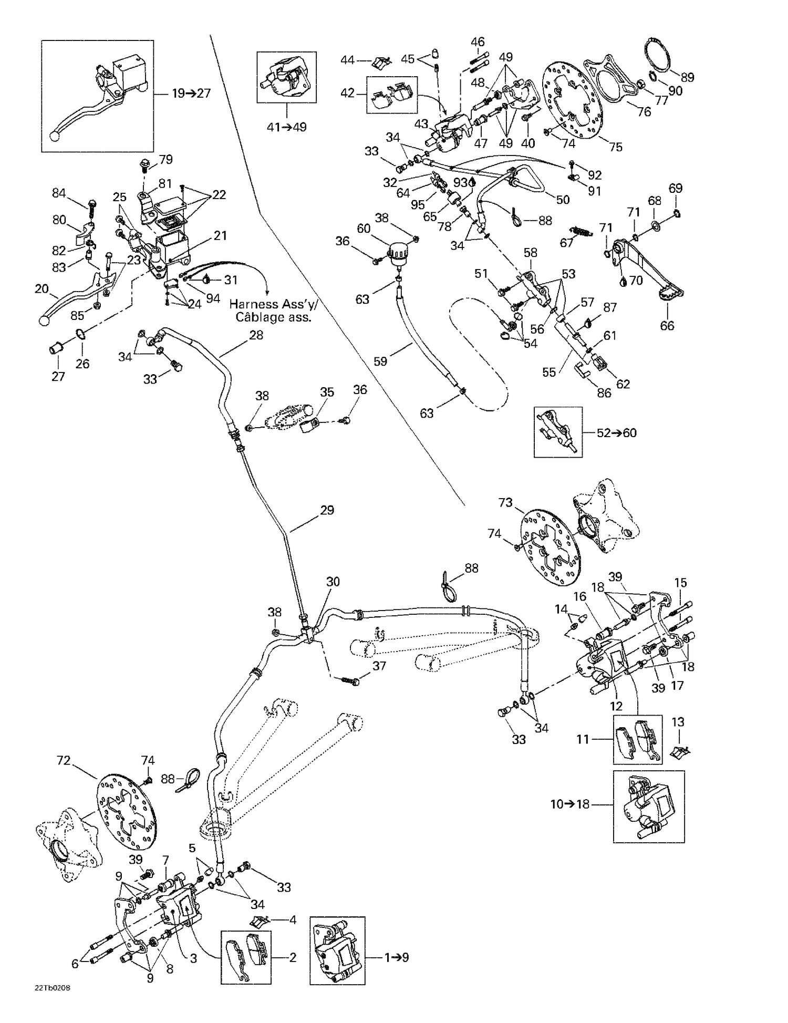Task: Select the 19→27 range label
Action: pyautogui.click(x=191, y=94)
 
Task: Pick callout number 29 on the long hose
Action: pyautogui.click(x=327, y=510)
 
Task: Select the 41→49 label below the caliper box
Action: pyautogui.click(x=286, y=127)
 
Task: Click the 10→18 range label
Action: pyautogui.click(x=570, y=804)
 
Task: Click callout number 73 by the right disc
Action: pyautogui.click(x=505, y=503)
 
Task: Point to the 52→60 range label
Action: pyautogui.click(x=616, y=432)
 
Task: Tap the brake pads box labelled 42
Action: pyautogui.click(x=391, y=95)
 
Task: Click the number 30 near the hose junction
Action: pyautogui.click(x=333, y=582)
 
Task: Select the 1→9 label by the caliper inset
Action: pyautogui.click(x=397, y=957)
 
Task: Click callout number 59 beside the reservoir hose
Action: pyautogui.click(x=380, y=361)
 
